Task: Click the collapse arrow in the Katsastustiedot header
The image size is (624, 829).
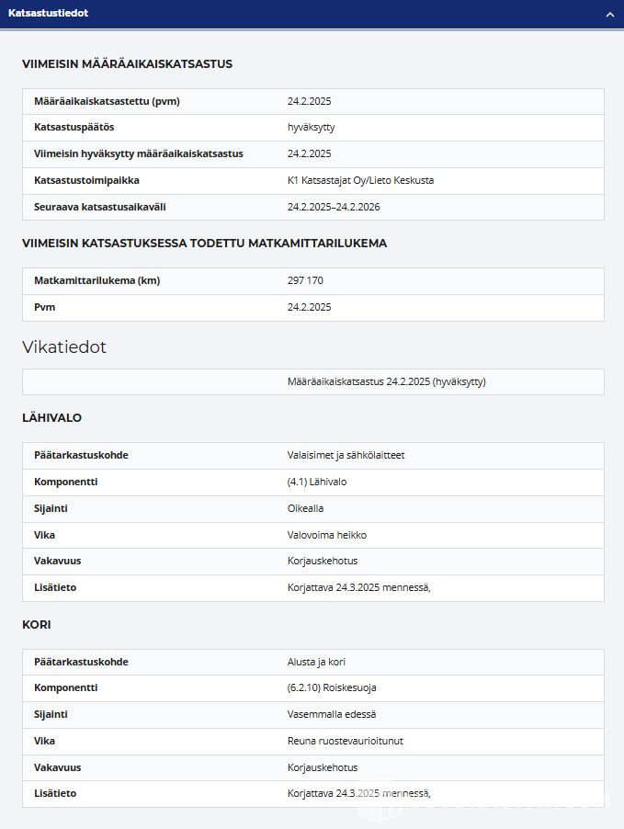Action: (609, 15)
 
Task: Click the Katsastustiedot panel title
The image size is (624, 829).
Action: (48, 14)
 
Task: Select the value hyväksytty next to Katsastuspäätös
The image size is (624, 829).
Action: (311, 128)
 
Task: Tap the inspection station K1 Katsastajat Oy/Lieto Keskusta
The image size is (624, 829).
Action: (360, 180)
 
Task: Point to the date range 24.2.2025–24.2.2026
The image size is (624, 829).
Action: (334, 207)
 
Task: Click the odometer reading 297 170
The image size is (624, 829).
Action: (305, 281)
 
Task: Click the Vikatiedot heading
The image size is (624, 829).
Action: (64, 347)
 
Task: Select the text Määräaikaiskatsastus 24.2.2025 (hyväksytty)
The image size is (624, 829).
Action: (386, 381)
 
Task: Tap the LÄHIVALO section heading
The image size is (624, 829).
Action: (52, 417)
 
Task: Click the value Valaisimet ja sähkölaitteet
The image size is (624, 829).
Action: (346, 456)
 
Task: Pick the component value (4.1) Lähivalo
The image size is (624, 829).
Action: (317, 482)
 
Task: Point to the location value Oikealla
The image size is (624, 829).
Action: (305, 508)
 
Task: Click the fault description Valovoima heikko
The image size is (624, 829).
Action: (326, 535)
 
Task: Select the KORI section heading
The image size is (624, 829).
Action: (37, 624)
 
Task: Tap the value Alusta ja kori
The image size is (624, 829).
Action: (316, 662)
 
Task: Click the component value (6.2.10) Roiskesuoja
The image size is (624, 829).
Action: (332, 687)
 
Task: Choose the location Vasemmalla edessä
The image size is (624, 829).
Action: (331, 714)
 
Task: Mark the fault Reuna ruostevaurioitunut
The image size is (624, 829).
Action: (345, 741)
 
